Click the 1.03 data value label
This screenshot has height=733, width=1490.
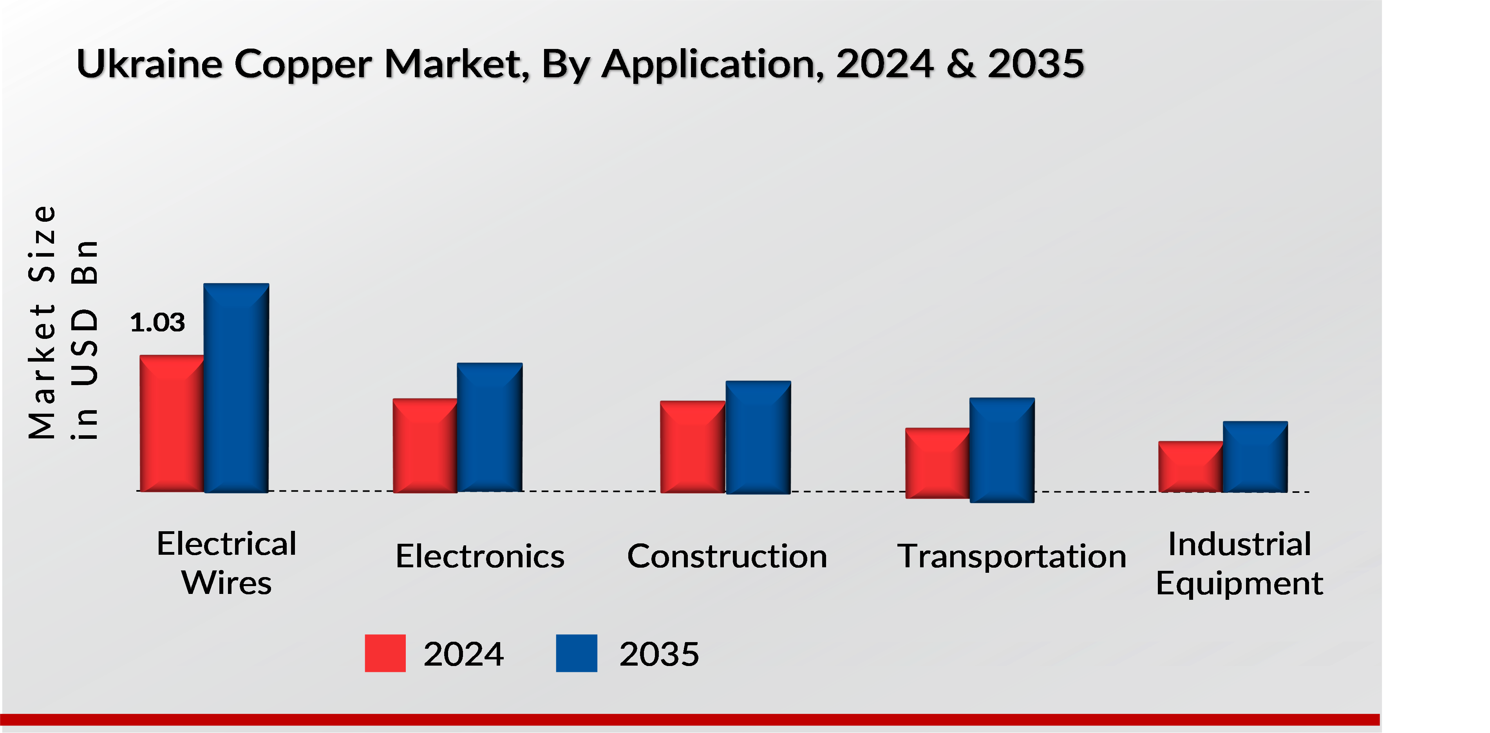[x=157, y=323]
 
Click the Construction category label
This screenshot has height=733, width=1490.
[x=727, y=557]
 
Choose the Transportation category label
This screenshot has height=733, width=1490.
[x=1012, y=557]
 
